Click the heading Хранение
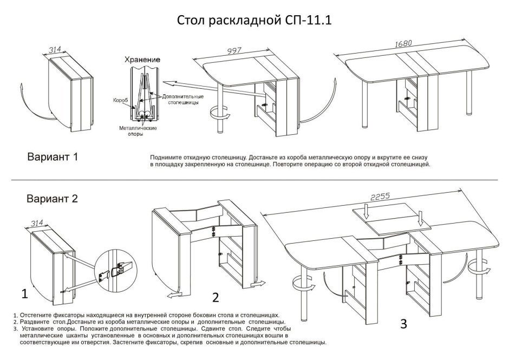click(141, 59)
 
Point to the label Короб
click(120, 100)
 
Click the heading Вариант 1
click(53, 157)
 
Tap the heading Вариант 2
click(53, 199)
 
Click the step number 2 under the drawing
click(215, 297)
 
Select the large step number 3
click(403, 324)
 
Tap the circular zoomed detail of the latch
click(118, 267)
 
